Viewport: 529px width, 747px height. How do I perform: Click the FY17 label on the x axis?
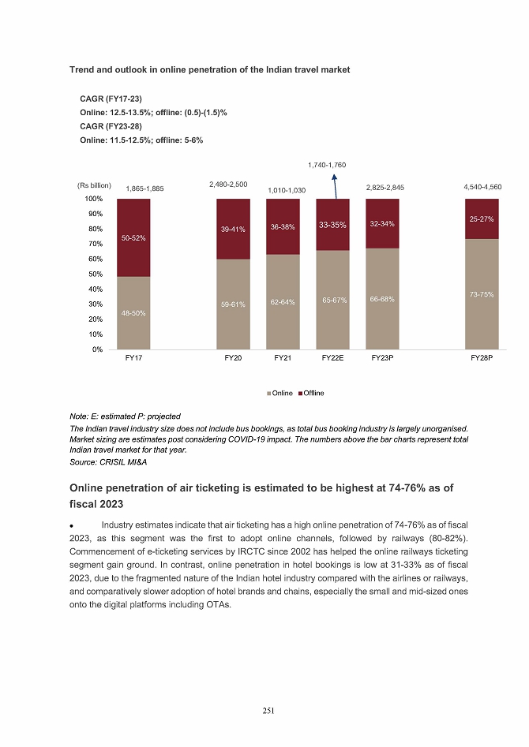pos(133,358)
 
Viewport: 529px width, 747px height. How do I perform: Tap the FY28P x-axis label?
pos(482,358)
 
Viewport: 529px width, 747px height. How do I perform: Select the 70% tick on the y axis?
pos(96,244)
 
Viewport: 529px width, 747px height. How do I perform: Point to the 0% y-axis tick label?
pos(98,349)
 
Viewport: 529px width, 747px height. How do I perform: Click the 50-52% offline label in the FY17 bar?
pos(133,237)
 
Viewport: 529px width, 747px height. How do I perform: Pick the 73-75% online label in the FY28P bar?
pos(482,294)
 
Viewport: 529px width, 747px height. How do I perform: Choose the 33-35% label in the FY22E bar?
pos(333,226)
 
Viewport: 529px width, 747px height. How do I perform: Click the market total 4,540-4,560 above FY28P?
pos(482,187)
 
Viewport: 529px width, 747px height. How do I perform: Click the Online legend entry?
pos(280,393)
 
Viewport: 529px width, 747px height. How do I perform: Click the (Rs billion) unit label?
pos(95,185)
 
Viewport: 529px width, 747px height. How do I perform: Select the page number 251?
pos(268,711)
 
